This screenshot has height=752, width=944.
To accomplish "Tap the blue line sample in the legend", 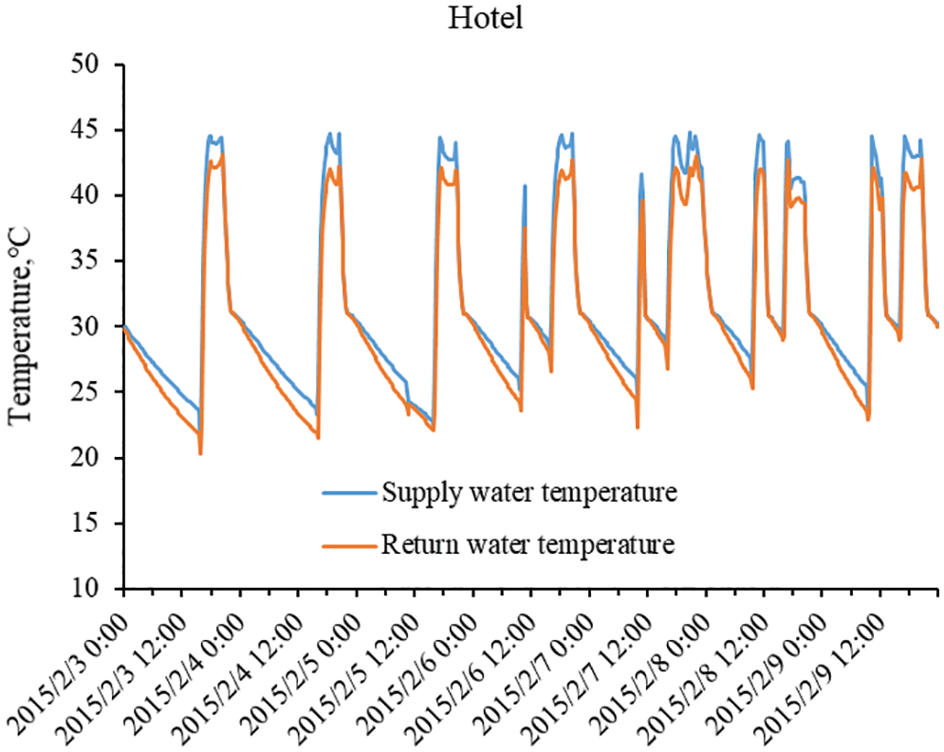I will pyautogui.click(x=350, y=493).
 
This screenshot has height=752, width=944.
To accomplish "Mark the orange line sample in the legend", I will pyautogui.click(x=350, y=545).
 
